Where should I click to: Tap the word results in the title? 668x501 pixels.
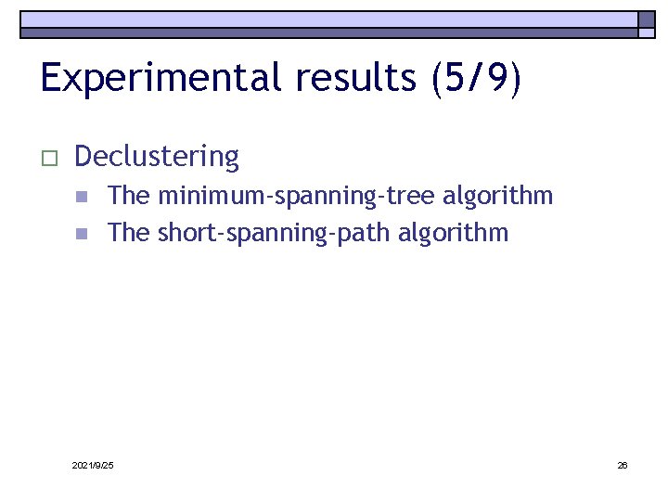coord(356,78)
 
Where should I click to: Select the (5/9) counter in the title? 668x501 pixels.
coord(477,78)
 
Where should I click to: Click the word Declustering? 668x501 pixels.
coord(157,157)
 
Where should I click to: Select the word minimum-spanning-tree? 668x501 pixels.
coord(296,197)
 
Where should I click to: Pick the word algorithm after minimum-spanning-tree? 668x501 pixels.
coord(498,196)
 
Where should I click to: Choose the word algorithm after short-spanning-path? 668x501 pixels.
coord(454,232)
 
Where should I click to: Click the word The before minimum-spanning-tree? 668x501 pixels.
coord(129,196)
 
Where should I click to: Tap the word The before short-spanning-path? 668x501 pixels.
coord(129,232)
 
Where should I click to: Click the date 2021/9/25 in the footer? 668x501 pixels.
coord(93,465)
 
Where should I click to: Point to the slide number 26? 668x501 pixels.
coord(623,465)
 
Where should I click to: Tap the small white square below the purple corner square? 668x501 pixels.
coord(646,33)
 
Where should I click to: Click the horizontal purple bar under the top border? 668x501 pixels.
coord(329,32)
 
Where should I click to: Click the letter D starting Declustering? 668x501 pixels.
coord(83,156)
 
